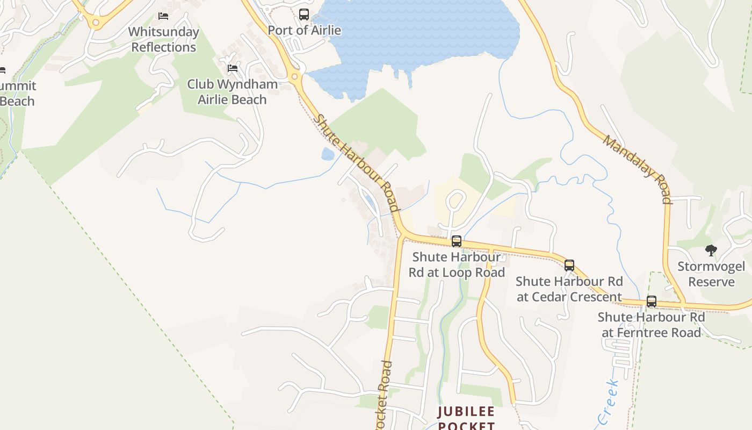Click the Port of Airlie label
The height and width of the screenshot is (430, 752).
point(304,30)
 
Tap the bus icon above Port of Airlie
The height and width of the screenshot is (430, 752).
point(304,15)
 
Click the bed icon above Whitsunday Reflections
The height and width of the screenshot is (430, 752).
point(163,16)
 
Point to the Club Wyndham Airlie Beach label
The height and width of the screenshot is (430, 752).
point(232,92)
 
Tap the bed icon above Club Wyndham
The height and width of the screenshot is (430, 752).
point(233,68)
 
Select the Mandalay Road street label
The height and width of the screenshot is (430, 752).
point(638,169)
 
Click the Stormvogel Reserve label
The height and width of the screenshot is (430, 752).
point(711,274)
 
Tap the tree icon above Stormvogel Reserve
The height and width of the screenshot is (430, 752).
point(711,250)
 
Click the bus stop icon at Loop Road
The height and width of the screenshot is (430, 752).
point(457,241)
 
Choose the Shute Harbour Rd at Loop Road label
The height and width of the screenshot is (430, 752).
point(457,264)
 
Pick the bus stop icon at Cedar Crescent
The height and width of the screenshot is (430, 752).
point(569,265)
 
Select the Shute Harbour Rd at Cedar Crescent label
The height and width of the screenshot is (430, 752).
point(569,289)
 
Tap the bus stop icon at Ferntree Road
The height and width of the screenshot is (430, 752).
point(652,302)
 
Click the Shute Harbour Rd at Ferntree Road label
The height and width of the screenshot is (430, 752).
point(651,325)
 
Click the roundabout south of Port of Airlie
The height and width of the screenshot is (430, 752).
point(294,77)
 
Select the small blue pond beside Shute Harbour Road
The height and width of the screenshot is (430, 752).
point(328,154)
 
